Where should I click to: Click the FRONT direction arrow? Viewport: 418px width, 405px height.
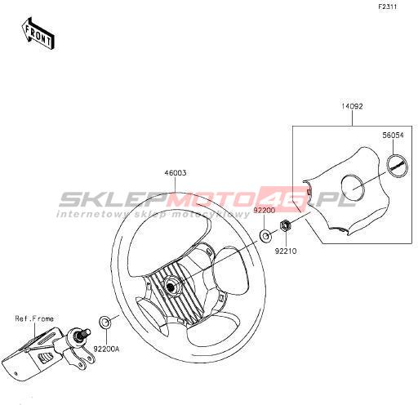point(38,33)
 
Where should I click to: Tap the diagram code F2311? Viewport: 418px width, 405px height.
point(388,7)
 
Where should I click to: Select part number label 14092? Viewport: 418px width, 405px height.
point(352,106)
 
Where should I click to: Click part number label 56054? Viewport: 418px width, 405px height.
point(393,136)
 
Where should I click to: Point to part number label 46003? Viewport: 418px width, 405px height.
point(176,173)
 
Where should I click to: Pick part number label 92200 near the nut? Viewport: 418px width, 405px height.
point(265,210)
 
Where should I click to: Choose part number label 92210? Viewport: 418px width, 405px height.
point(286,251)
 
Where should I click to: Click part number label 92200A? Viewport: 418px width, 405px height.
point(106,349)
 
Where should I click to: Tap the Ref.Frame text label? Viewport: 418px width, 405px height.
point(34,318)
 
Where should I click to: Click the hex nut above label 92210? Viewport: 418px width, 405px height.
point(286,225)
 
